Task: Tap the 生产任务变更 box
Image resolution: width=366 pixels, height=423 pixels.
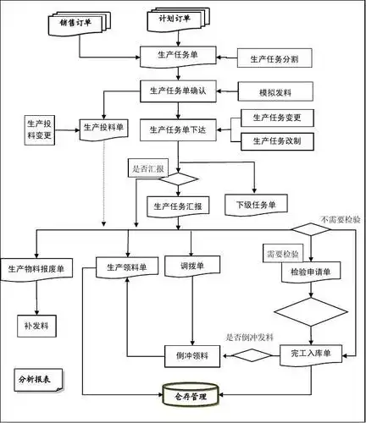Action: pyautogui.click(x=277, y=117)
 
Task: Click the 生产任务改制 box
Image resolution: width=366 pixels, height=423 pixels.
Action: pyautogui.click(x=277, y=140)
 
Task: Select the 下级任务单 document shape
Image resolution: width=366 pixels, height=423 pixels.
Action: pyautogui.click(x=255, y=205)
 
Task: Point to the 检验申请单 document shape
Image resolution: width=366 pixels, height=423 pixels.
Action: pyautogui.click(x=310, y=272)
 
